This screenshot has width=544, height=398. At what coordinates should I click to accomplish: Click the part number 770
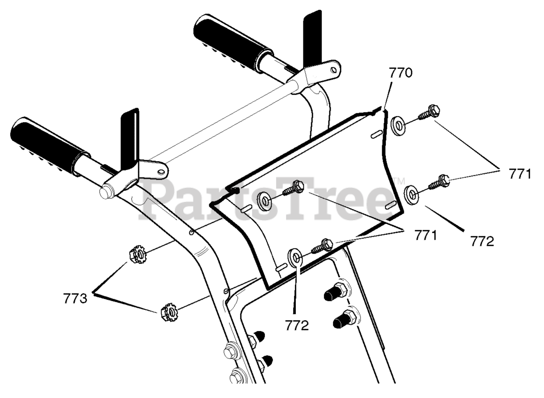tap(400, 73)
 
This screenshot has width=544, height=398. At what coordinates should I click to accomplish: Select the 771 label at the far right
tap(519, 174)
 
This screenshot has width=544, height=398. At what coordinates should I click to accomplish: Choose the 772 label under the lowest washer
tap(297, 326)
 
